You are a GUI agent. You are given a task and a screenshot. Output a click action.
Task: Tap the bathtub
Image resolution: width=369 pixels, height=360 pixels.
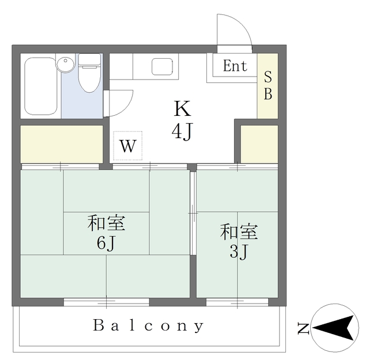coord(40,86)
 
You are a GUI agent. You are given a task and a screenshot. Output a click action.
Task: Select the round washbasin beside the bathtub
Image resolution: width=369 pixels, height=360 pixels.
coord(65,63)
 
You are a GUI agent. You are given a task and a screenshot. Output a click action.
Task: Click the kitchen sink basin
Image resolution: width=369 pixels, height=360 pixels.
coord(161,67)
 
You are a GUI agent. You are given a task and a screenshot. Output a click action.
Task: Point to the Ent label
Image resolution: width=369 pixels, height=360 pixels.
coord(235,66)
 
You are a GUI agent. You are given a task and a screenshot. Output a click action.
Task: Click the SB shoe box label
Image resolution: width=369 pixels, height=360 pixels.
coord(268,85)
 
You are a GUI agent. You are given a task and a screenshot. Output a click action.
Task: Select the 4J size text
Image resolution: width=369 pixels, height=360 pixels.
coord(182,132)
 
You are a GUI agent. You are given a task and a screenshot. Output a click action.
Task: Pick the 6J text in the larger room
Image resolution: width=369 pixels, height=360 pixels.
coord(106,244)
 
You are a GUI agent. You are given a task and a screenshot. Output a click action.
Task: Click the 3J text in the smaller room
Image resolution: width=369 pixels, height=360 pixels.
coord(238,252)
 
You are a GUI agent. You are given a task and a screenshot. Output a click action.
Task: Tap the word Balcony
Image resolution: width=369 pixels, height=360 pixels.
coord(148,326)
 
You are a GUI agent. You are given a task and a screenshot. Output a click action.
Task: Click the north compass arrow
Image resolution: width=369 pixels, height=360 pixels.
coord(333,329)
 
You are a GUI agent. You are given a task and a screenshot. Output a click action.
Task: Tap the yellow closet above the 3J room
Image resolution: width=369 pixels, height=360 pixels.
coord(259,143)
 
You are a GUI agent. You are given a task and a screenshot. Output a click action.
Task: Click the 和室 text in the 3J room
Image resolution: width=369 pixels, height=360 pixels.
coord(238,232)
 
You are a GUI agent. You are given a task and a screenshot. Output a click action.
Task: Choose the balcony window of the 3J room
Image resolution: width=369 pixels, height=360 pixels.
coord(237,302)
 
